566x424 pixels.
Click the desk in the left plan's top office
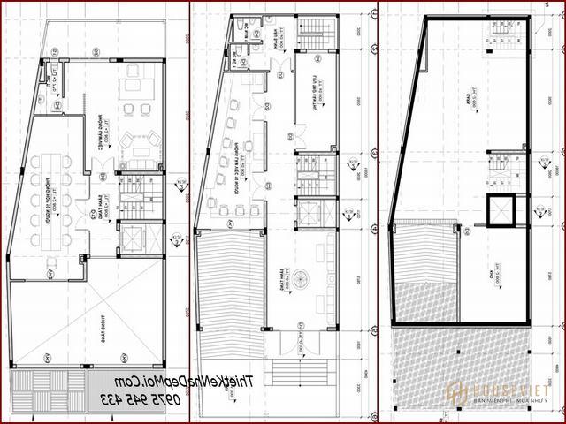tap(137, 85)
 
